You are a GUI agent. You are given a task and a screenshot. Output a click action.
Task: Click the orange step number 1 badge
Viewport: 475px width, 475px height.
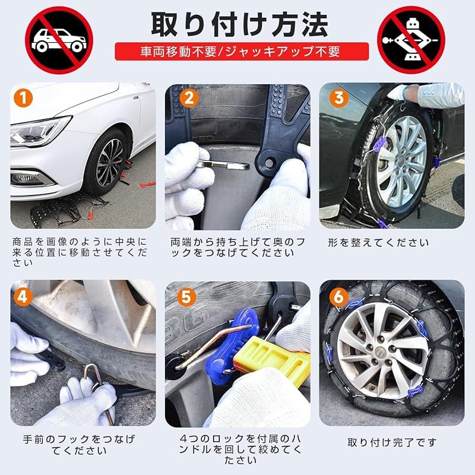pos(23,98)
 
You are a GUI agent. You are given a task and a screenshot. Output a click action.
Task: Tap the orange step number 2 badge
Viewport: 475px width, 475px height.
pos(188,97)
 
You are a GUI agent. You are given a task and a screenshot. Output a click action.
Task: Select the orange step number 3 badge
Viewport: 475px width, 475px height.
pos(338,97)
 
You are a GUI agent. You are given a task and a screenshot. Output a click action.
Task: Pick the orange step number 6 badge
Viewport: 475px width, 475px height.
pos(338,297)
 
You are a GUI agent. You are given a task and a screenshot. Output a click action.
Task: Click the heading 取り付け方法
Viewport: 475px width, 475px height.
pos(239,24)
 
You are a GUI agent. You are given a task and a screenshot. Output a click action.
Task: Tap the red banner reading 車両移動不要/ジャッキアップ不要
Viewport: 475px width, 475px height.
pos(242,52)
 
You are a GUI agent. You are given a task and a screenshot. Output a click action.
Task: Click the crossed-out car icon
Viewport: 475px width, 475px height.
pos(59,40)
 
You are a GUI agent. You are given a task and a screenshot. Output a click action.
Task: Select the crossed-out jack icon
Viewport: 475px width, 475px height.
pos(411,40)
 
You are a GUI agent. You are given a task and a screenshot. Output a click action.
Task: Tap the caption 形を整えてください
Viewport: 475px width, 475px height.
pos(378,243)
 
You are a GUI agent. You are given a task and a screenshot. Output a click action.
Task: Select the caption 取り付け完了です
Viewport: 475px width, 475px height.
pos(392,442)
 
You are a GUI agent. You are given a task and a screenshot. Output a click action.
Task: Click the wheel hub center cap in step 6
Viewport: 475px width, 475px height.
pos(379,352)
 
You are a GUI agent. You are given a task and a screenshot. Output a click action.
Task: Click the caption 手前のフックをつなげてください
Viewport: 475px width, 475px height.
pos(80,445)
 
